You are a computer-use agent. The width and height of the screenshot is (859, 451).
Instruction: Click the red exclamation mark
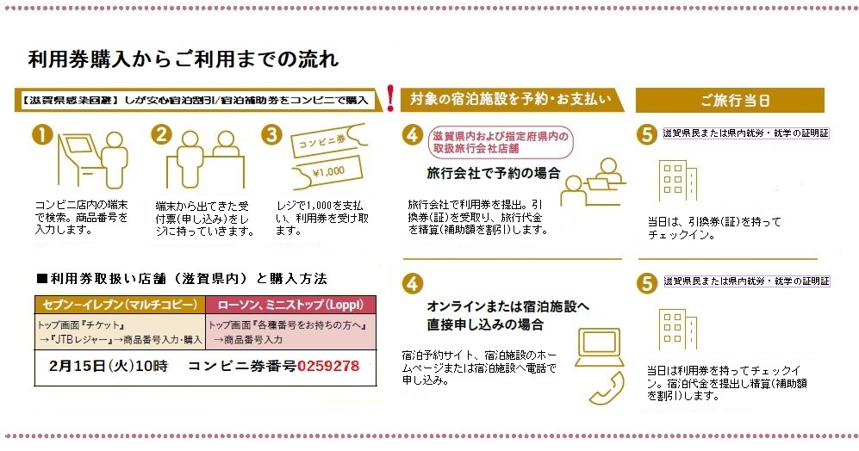(x=390, y=99)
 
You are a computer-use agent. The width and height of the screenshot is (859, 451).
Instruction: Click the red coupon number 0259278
(x=328, y=366)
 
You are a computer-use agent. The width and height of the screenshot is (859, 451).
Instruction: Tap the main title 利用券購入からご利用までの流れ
(x=183, y=59)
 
